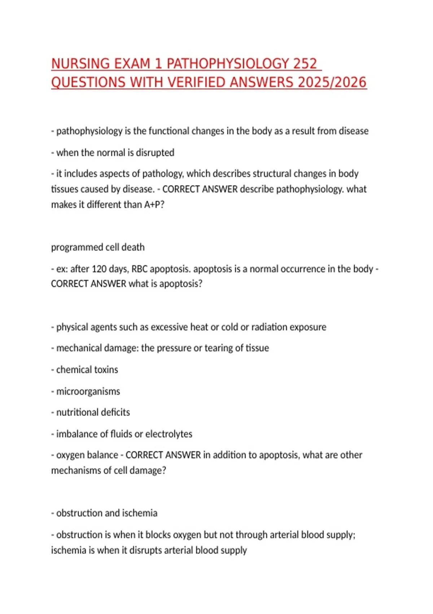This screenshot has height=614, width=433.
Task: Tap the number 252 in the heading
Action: [x=305, y=64]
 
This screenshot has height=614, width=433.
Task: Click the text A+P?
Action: [x=154, y=205]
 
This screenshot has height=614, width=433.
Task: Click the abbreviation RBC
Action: [x=139, y=269]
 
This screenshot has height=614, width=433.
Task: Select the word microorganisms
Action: [x=88, y=392]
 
